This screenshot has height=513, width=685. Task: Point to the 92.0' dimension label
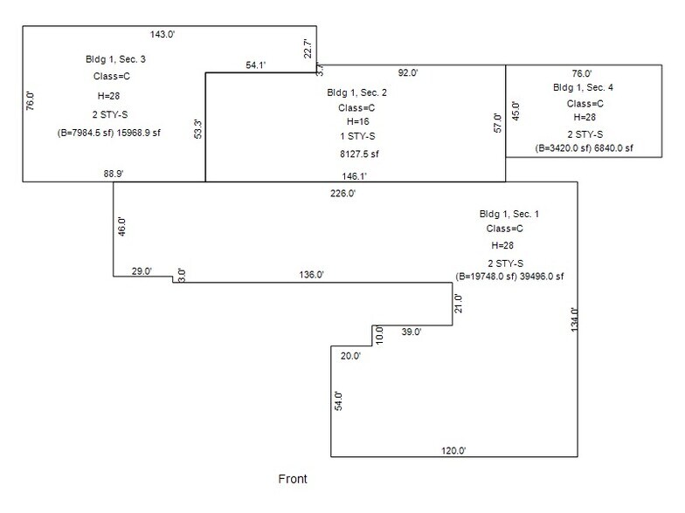[409, 73]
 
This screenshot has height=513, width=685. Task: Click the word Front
[293, 479]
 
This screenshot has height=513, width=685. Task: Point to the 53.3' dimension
[198, 127]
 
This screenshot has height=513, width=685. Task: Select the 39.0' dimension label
[411, 332]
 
